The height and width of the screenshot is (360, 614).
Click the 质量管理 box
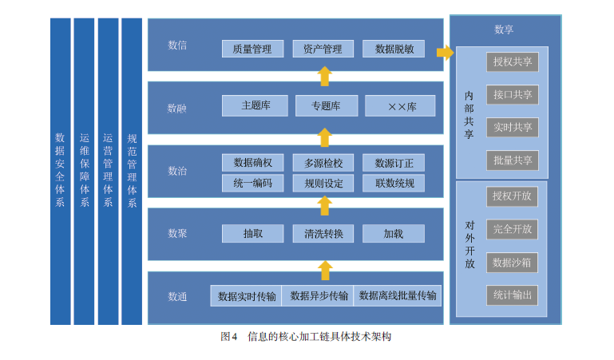(x=252, y=49)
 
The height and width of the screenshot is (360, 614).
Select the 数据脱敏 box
(x=394, y=49)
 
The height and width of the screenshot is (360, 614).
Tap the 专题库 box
(x=327, y=105)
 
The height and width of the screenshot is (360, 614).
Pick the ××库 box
(x=400, y=105)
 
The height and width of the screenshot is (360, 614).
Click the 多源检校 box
(x=323, y=163)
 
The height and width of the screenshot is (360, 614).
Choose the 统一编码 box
(x=252, y=183)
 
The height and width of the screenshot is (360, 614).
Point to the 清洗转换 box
(x=323, y=233)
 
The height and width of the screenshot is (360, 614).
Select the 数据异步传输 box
(x=318, y=296)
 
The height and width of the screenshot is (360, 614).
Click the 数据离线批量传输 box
(x=397, y=296)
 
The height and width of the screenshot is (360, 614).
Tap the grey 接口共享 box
(x=512, y=94)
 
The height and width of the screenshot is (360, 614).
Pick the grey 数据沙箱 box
(x=512, y=262)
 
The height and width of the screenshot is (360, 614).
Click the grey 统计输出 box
(x=512, y=295)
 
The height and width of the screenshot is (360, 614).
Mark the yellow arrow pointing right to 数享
(x=446, y=52)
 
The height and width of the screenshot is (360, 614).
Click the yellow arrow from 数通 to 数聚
(x=325, y=271)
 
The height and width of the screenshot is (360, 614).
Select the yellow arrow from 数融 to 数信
(x=325, y=77)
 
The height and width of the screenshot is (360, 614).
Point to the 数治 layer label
(x=177, y=171)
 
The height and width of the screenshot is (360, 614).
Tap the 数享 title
(x=504, y=30)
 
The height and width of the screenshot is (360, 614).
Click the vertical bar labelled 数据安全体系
(x=61, y=172)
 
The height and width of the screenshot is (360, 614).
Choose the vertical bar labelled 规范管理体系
(x=132, y=172)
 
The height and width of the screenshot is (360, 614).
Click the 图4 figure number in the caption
(x=228, y=337)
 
